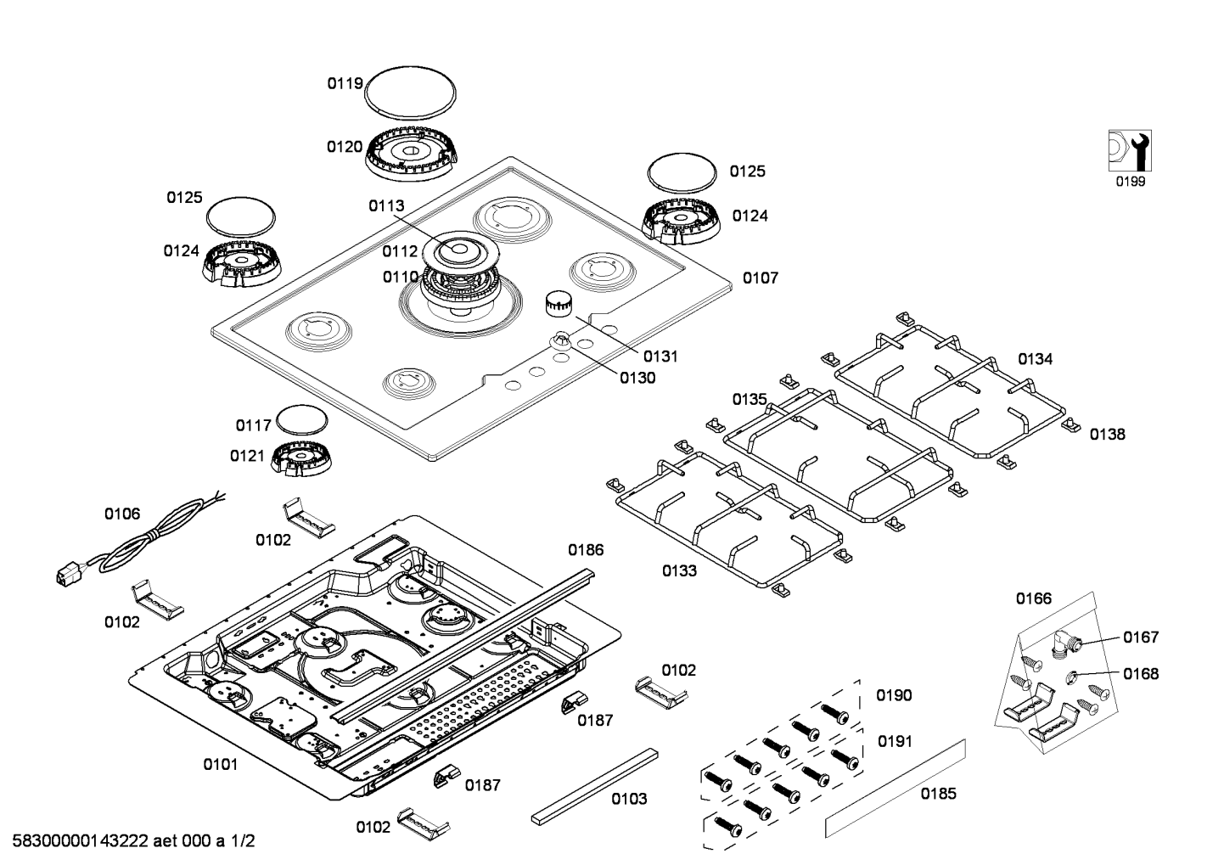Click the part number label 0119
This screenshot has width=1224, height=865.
(x=345, y=83)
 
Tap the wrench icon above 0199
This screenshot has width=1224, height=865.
(x=1129, y=151)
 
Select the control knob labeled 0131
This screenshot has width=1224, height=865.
(x=559, y=302)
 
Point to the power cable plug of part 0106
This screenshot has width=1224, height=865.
(x=65, y=576)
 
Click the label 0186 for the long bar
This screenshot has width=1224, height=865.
(x=586, y=550)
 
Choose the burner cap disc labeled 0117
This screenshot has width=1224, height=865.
(x=302, y=419)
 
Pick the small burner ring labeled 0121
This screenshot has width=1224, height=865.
(x=301, y=459)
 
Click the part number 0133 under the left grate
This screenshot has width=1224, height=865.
(x=679, y=571)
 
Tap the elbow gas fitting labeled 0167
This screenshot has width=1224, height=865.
(x=1063, y=643)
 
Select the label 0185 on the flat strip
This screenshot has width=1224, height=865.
(x=938, y=794)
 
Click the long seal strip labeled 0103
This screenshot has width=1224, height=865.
(x=594, y=786)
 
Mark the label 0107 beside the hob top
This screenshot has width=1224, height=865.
(x=760, y=278)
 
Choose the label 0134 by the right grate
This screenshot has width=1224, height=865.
(x=1035, y=359)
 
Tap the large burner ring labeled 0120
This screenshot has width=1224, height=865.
(x=411, y=156)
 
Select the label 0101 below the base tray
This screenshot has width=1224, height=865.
(x=220, y=765)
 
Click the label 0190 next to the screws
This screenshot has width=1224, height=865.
(x=894, y=696)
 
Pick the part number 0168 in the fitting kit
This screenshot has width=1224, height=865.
(x=1140, y=674)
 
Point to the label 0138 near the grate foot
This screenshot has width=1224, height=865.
(x=1107, y=435)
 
